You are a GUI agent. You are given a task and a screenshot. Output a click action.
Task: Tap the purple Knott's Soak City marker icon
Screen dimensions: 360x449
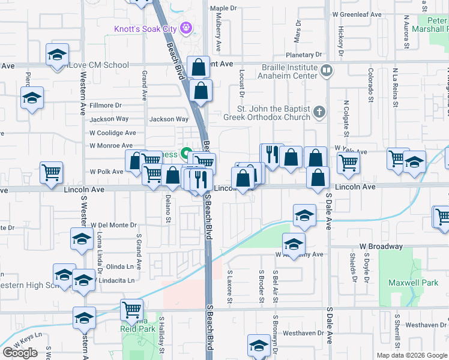(187, 27)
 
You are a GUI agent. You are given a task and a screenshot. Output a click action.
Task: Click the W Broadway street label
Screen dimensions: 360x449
(381, 247)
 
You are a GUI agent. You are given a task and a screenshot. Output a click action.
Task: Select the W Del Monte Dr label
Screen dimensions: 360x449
(114, 225)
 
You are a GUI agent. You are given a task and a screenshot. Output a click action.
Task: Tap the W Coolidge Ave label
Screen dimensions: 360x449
(112, 133)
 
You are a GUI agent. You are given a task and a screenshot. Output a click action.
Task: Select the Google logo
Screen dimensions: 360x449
(20, 353)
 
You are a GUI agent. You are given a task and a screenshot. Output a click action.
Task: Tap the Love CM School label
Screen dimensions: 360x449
(99, 65)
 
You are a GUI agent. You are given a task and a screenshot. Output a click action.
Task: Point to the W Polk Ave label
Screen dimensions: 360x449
(106, 172)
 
